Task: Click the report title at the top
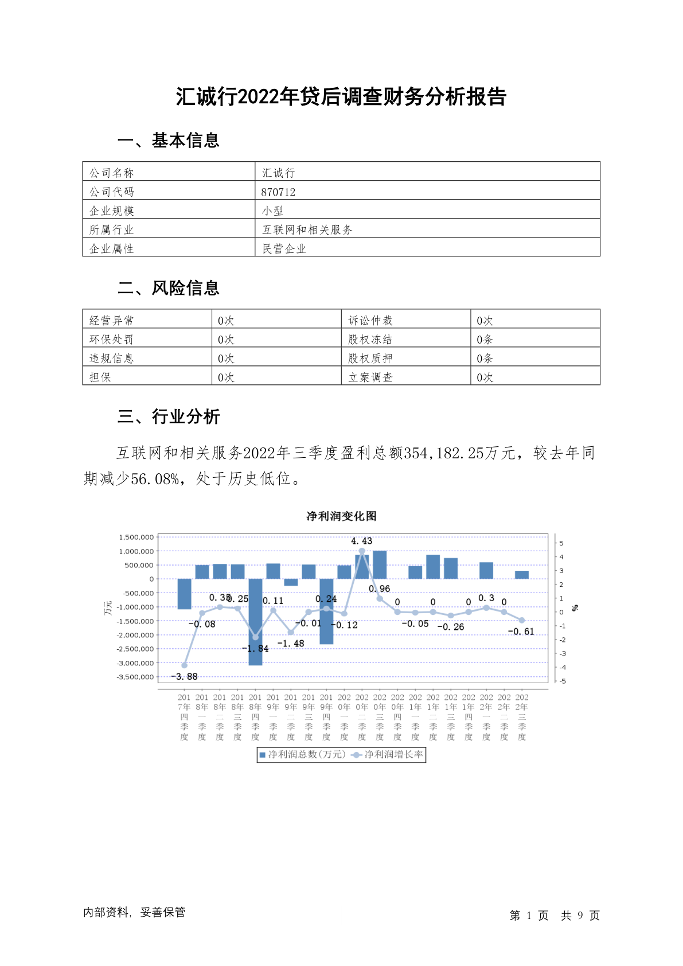(x=341, y=96)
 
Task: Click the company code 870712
(x=279, y=192)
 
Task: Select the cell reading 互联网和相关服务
(x=307, y=230)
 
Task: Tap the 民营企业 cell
(x=284, y=249)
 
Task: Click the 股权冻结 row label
(x=370, y=340)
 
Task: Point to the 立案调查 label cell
(x=370, y=377)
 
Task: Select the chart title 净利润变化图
(x=341, y=516)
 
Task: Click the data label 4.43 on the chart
(x=361, y=541)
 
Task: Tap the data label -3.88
(x=185, y=677)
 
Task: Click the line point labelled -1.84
(x=255, y=637)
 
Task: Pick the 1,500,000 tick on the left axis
(x=136, y=537)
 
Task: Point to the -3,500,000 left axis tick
(x=135, y=677)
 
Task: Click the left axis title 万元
(x=108, y=608)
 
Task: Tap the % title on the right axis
(x=575, y=608)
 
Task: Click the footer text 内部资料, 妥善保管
(x=134, y=913)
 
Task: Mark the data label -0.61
(x=521, y=632)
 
